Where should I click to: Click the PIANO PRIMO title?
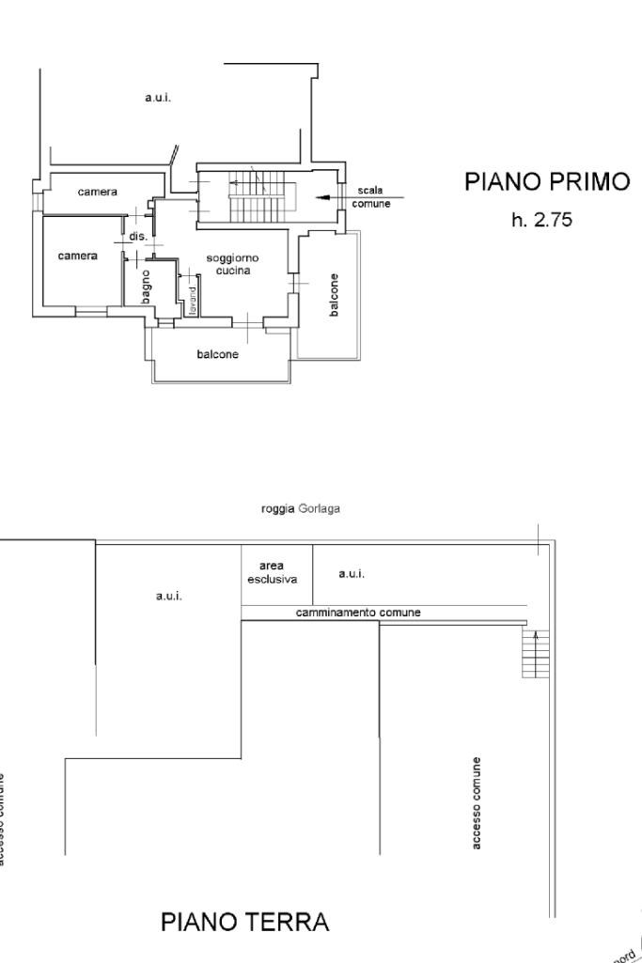click(547, 182)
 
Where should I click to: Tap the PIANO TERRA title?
click(245, 922)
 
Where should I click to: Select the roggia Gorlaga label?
click(301, 508)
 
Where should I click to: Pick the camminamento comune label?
click(358, 613)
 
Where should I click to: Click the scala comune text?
click(370, 197)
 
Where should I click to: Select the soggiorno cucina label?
click(232, 264)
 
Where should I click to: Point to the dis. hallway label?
click(138, 237)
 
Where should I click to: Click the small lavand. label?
click(191, 299)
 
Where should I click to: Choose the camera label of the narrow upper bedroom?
click(98, 192)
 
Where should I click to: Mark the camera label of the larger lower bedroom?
click(77, 256)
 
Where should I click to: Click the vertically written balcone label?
click(335, 294)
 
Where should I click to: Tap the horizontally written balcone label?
click(217, 354)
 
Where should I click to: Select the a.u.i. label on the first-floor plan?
click(157, 97)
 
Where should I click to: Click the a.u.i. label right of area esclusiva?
click(351, 573)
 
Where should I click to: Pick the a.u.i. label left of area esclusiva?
click(169, 596)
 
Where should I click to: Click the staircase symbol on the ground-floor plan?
click(535, 653)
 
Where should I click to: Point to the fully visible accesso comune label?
click(478, 803)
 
